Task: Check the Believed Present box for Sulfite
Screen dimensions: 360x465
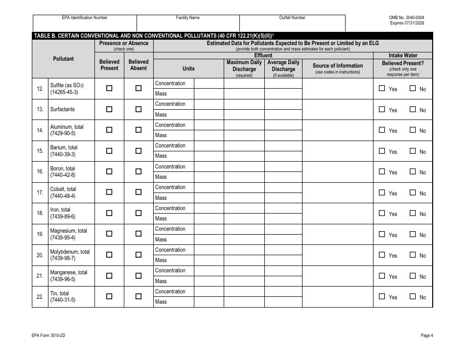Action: click(109, 88)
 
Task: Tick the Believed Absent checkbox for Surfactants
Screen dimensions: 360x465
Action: click(139, 109)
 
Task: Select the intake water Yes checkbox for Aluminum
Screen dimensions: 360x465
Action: click(382, 130)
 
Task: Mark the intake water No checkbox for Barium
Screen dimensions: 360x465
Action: click(413, 151)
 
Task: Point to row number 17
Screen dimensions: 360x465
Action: click(40, 192)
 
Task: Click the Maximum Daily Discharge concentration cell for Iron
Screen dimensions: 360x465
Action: click(244, 208)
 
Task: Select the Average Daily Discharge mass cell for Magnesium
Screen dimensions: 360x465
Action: click(283, 240)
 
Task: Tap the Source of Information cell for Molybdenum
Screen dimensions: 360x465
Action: click(338, 255)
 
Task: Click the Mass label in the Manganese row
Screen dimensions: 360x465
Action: click(161, 281)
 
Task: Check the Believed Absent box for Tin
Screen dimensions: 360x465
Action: click(139, 296)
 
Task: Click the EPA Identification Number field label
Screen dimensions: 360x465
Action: click(85, 18)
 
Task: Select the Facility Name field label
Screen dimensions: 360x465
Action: click(188, 18)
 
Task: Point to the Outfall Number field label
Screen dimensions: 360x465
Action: click(292, 18)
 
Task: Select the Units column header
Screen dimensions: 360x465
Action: click(188, 69)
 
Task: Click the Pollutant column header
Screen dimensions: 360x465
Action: click(63, 59)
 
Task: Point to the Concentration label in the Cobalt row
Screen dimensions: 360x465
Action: click(170, 187)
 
